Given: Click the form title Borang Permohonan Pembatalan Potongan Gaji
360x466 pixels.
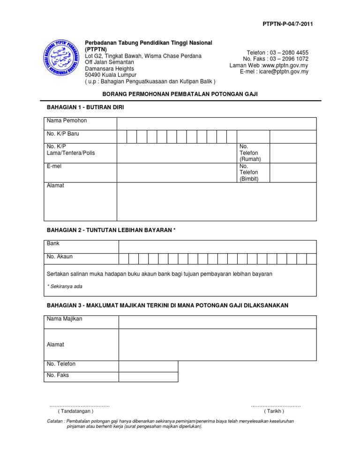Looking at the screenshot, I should click(x=180, y=94).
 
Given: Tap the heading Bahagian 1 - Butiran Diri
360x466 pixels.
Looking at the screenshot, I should click(x=85, y=107).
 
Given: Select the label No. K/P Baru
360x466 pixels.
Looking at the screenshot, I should click(x=63, y=134).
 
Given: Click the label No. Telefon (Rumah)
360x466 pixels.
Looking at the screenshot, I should click(x=250, y=153).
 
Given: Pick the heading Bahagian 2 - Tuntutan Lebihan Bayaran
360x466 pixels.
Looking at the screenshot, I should click(x=112, y=230).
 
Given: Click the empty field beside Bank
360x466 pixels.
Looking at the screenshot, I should click(x=217, y=247).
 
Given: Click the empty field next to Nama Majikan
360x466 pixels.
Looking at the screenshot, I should click(x=217, y=322).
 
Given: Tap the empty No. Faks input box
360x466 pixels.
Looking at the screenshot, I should click(x=148, y=377).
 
